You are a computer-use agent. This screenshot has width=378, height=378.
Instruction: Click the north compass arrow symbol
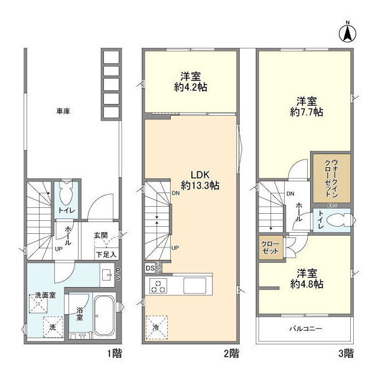(348, 32)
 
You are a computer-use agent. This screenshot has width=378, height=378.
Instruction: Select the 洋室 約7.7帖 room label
(306, 105)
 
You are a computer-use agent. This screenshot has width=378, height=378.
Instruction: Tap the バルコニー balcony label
(304, 328)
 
